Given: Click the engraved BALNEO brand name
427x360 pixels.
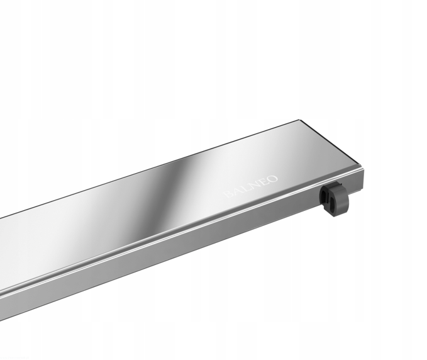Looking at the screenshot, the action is click(250, 186).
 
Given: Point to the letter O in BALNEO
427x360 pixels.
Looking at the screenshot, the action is click(273, 179).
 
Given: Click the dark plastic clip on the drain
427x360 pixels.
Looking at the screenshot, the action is click(334, 198).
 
